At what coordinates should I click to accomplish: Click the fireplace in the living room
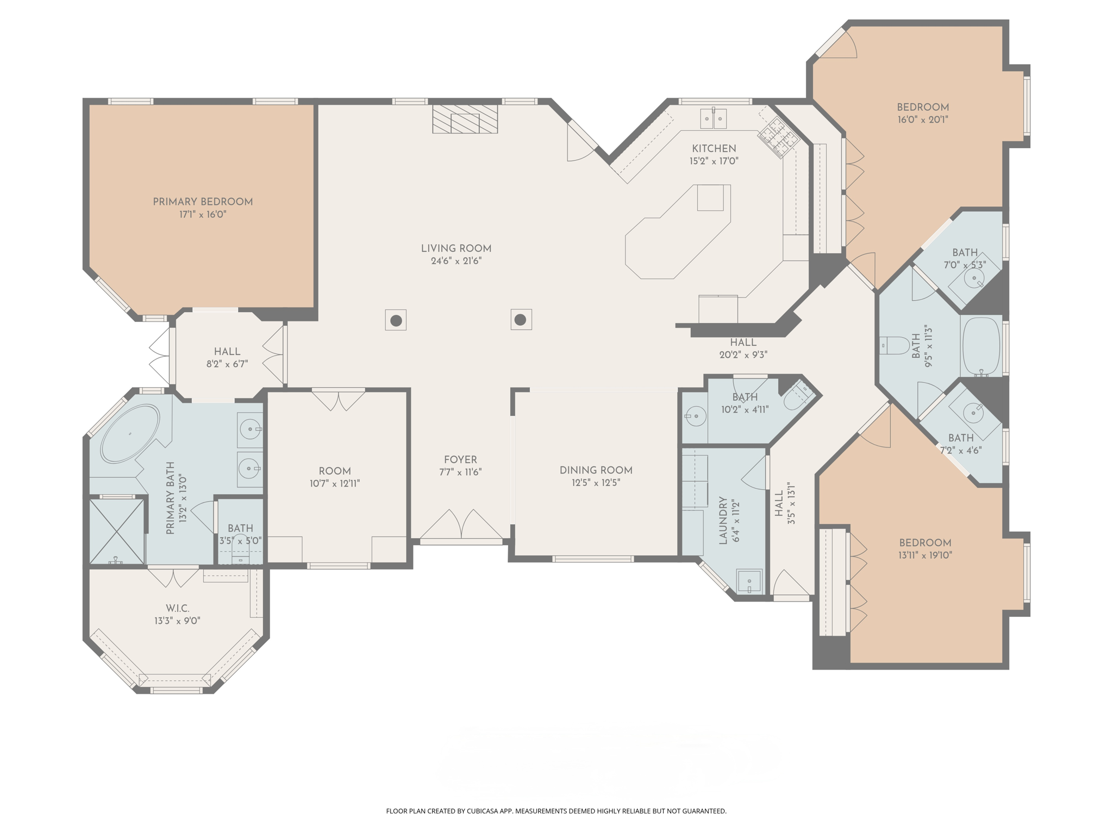465,119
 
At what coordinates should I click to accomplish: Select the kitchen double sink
713,118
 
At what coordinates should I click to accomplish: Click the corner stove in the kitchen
779,137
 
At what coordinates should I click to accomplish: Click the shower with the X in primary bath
117,532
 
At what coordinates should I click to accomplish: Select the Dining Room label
596,470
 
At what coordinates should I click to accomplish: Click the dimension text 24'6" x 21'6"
456,261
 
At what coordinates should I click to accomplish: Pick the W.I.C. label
177,609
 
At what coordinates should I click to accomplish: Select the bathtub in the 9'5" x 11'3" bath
981,346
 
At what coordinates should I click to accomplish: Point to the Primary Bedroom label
203,202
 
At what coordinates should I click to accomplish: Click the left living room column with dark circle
396,320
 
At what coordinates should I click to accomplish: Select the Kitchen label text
714,149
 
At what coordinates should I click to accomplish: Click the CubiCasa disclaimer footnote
556,811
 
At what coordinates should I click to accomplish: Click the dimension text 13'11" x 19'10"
925,555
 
